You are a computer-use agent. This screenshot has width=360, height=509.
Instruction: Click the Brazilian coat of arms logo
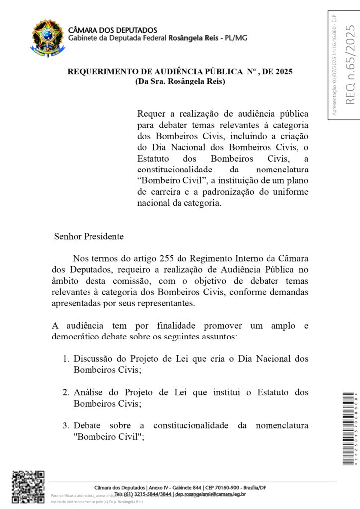coord(48,36)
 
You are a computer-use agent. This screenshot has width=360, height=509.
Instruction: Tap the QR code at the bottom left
coord(28,487)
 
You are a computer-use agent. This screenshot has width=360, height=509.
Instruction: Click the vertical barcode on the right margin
coord(350,429)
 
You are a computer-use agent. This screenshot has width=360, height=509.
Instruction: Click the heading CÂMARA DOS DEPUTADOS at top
coord(112,30)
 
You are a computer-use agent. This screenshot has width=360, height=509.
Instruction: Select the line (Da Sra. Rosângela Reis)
coord(180,81)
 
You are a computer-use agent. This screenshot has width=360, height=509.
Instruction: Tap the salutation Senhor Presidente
coord(89,236)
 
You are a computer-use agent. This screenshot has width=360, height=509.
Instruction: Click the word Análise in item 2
coord(88,393)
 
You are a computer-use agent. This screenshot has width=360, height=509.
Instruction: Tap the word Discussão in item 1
coord(94,359)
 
